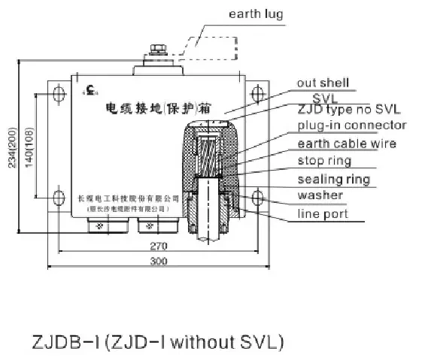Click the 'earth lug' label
pos(257,14)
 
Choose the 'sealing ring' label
pos(333,179)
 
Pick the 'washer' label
pos(320,195)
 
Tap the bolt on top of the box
pos(157,50)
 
